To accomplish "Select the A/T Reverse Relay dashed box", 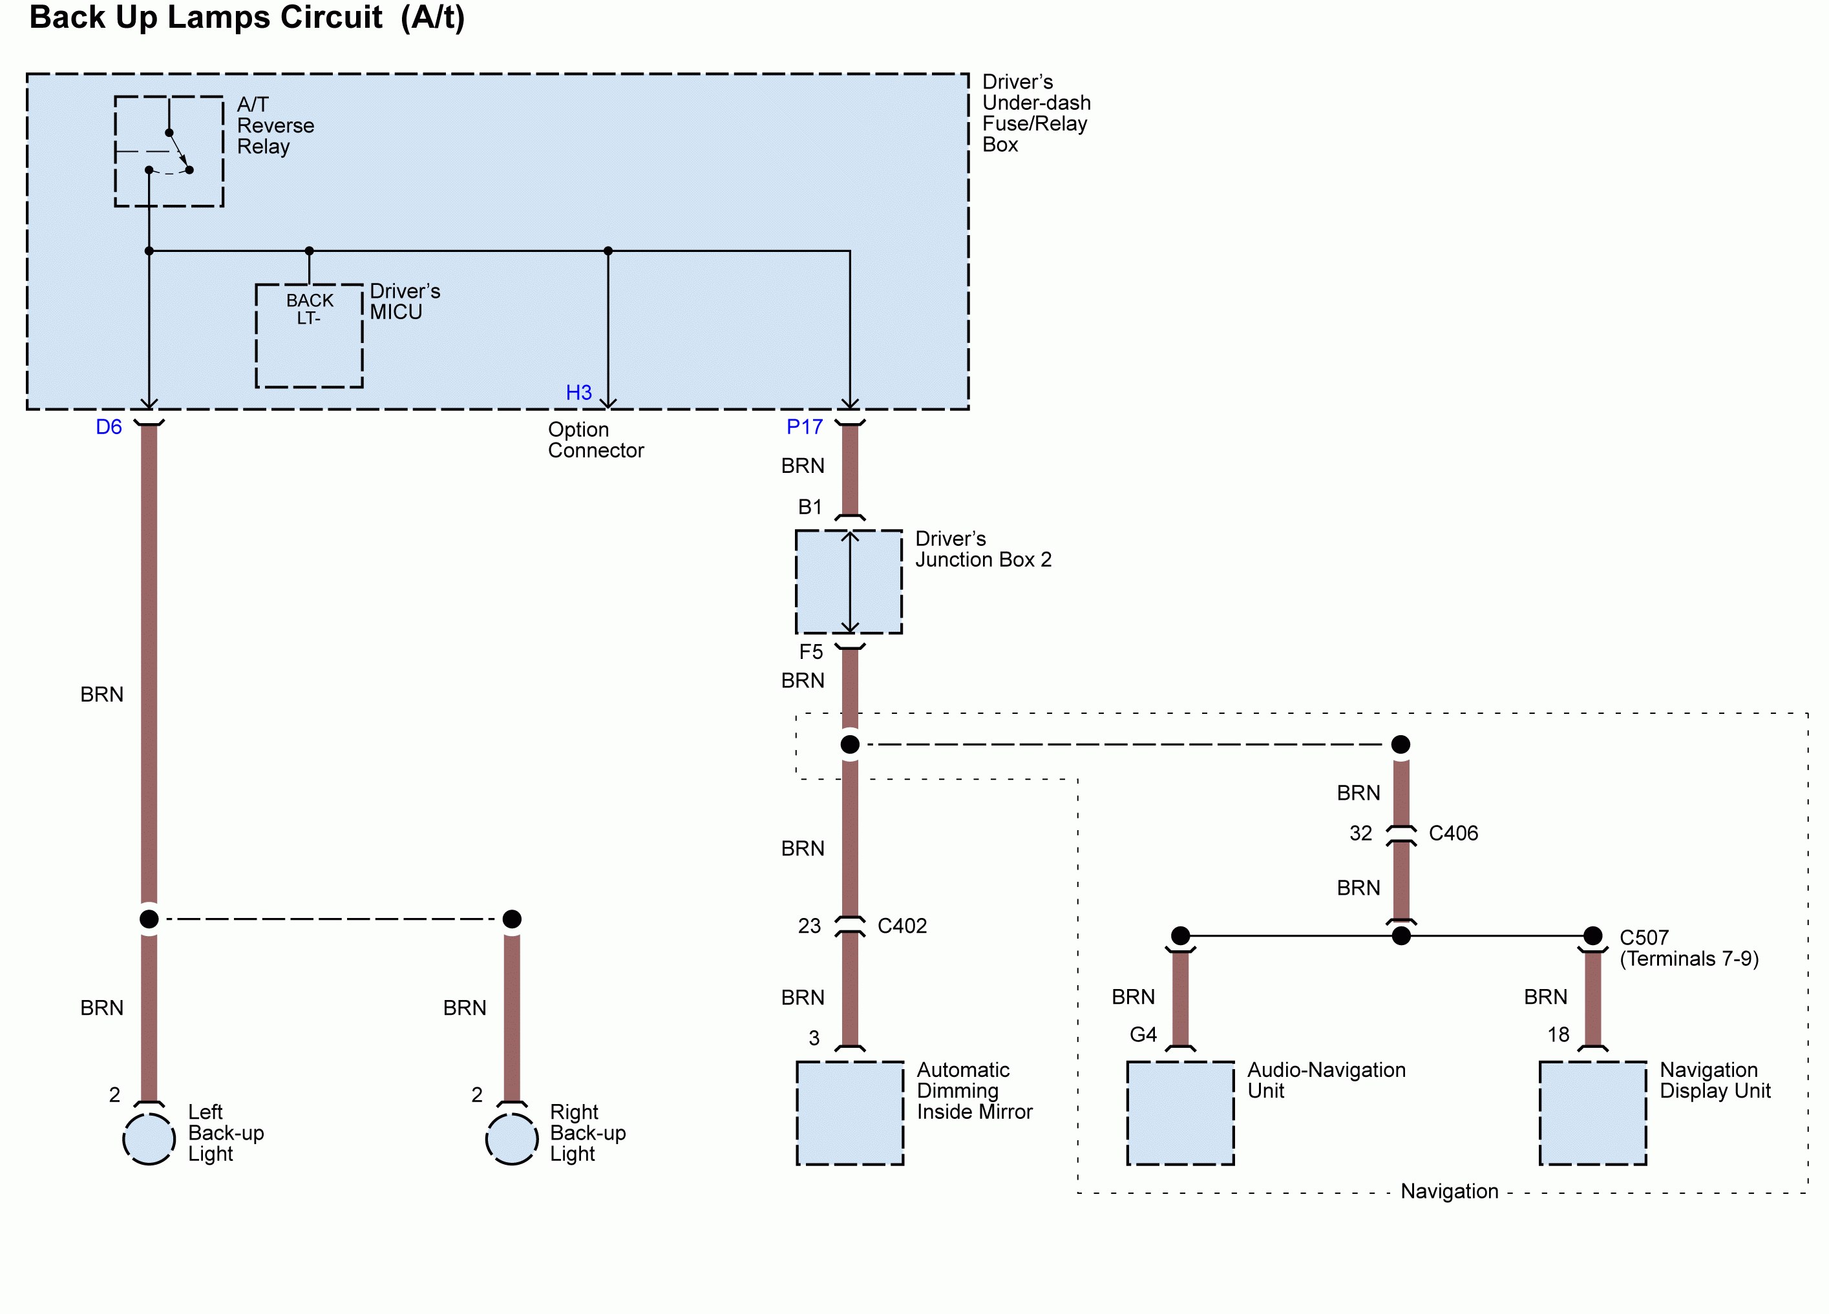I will tap(169, 152).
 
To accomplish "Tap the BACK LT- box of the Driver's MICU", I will tap(309, 335).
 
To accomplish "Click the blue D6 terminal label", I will tap(109, 427).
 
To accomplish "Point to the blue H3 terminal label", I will tap(578, 393).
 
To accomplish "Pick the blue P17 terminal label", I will tap(804, 427).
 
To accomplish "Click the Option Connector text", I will tap(595, 440).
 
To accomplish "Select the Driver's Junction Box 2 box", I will tap(849, 581).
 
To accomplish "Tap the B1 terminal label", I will tap(810, 507).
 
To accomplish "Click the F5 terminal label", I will tap(810, 651).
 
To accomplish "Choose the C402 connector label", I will tap(902, 926).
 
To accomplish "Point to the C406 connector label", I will tap(1454, 833).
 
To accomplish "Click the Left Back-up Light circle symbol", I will tap(149, 1139).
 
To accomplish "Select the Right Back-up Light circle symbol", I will tap(511, 1139).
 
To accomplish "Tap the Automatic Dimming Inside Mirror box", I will tap(850, 1112).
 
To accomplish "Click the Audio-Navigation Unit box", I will tap(1180, 1112).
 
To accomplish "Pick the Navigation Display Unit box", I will tap(1592, 1112).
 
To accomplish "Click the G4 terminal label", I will tap(1143, 1034).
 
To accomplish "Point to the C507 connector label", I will tap(1644, 937).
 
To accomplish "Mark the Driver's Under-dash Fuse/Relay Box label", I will tap(1035, 114).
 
